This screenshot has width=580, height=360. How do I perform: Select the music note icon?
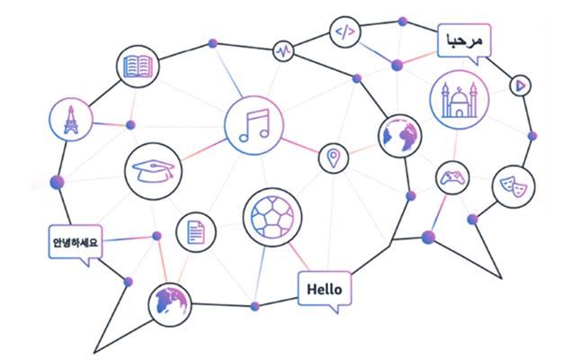(x=253, y=125)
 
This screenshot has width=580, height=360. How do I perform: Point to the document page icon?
(x=195, y=232)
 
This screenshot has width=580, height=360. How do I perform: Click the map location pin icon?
(x=334, y=158)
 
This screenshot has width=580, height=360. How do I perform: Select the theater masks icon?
(x=511, y=185)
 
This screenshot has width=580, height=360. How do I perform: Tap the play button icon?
(x=519, y=85)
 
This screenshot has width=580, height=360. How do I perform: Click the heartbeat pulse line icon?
(x=284, y=50)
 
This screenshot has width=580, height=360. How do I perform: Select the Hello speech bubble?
(x=324, y=290)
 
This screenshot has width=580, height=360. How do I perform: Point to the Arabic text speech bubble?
(x=464, y=41)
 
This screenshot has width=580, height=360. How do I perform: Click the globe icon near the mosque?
(x=400, y=136)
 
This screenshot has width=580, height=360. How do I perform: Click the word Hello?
(x=324, y=289)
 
